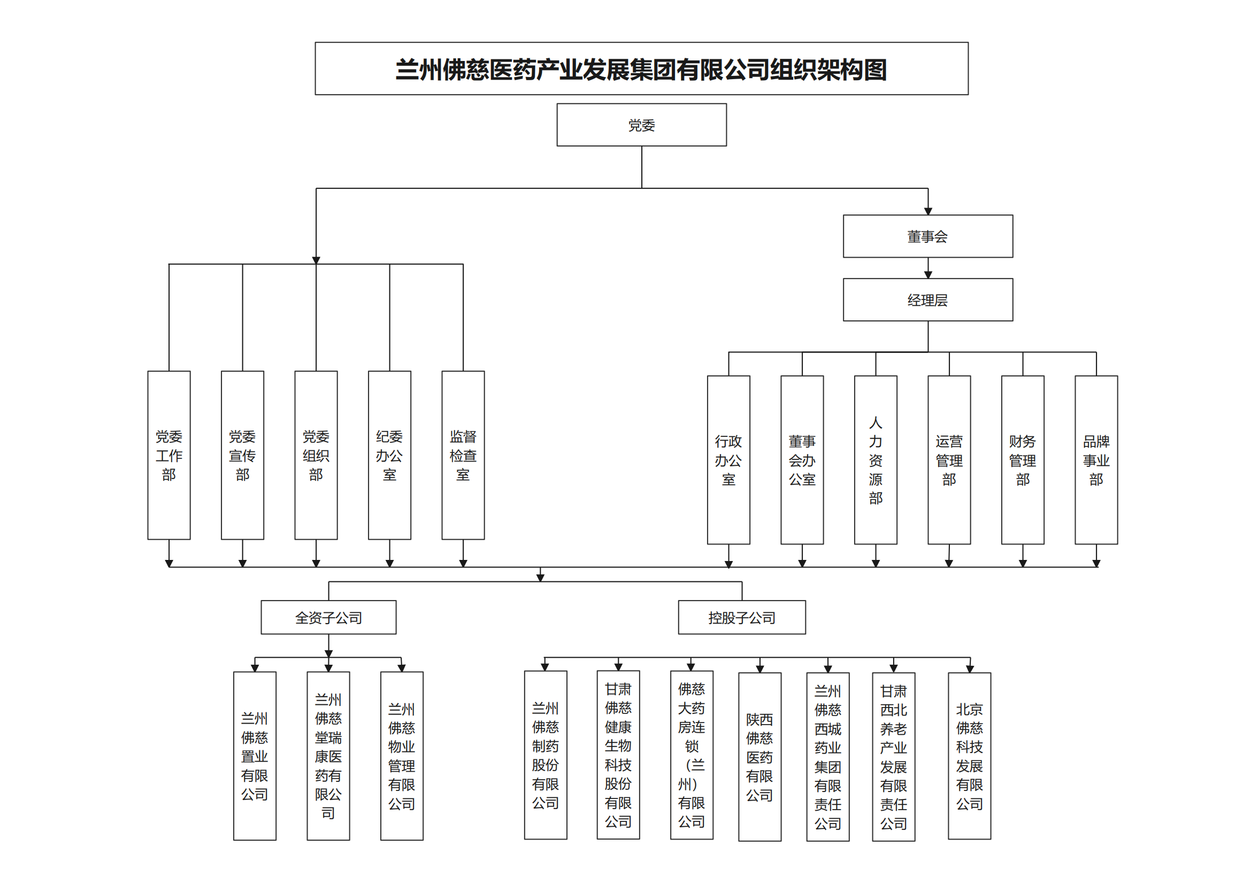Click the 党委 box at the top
tap(641, 125)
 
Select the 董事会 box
tap(927, 236)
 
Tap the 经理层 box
tap(927, 299)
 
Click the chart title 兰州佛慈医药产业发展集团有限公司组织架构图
tap(641, 68)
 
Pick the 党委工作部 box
tap(169, 455)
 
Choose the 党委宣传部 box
tap(242, 455)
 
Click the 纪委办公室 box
tap(389, 455)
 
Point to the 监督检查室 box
tap(463, 455)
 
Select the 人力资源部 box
tap(876, 460)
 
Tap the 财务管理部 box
tap(1023, 460)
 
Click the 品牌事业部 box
tap(1096, 460)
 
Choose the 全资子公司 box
tap(328, 617)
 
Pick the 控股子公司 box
tap(741, 617)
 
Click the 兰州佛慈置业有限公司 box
tap(255, 756)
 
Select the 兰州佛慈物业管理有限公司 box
tap(402, 756)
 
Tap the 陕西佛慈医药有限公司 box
tap(759, 757)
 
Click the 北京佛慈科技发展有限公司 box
tap(969, 756)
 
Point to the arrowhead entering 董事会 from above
tap(928, 211)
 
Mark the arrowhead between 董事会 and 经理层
tap(928, 275)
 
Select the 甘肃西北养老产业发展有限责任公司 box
tap(894, 757)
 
